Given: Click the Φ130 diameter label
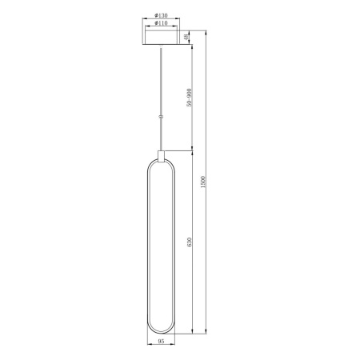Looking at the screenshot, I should pos(162,16).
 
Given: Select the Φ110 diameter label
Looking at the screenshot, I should pos(162,25).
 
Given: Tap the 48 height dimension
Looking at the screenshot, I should pos(186,38).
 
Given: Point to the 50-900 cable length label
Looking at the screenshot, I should pos(188,97).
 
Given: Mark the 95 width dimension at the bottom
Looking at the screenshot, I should pos(162,342).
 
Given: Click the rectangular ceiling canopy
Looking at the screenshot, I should pos(162,38).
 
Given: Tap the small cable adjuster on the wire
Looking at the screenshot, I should pos(162,117).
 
